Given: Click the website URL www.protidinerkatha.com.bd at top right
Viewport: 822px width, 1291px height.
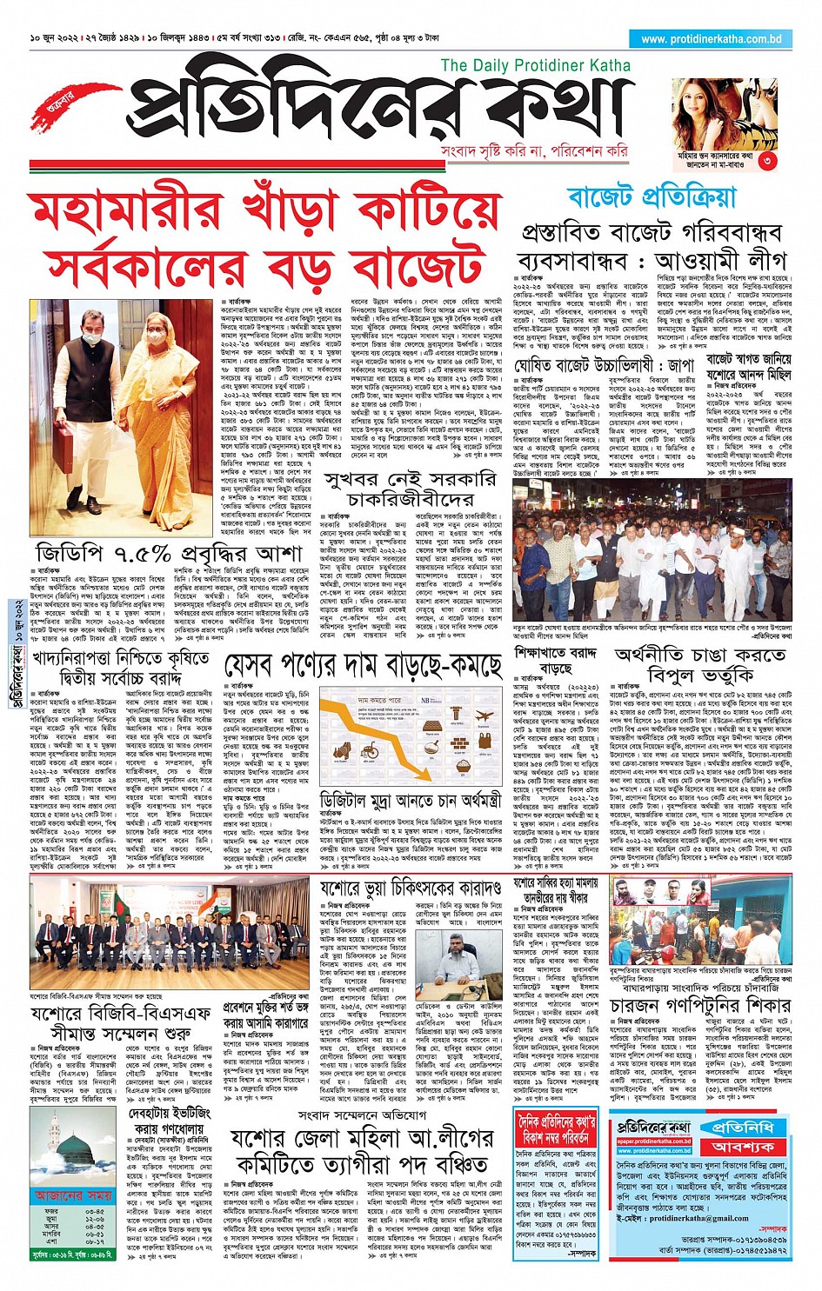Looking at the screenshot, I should tap(711, 39).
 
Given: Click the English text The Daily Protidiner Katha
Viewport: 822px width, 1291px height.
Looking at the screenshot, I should tap(535, 65).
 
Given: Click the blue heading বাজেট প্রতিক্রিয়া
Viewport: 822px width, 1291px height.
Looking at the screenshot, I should tap(652, 198).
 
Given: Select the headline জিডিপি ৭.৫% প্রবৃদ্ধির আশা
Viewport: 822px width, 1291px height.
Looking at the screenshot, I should tap(169, 554).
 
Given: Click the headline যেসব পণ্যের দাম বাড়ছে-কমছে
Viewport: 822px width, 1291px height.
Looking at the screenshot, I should tap(363, 666).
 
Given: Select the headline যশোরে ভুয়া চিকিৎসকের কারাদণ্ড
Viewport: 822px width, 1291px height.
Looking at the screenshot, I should tap(411, 888).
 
